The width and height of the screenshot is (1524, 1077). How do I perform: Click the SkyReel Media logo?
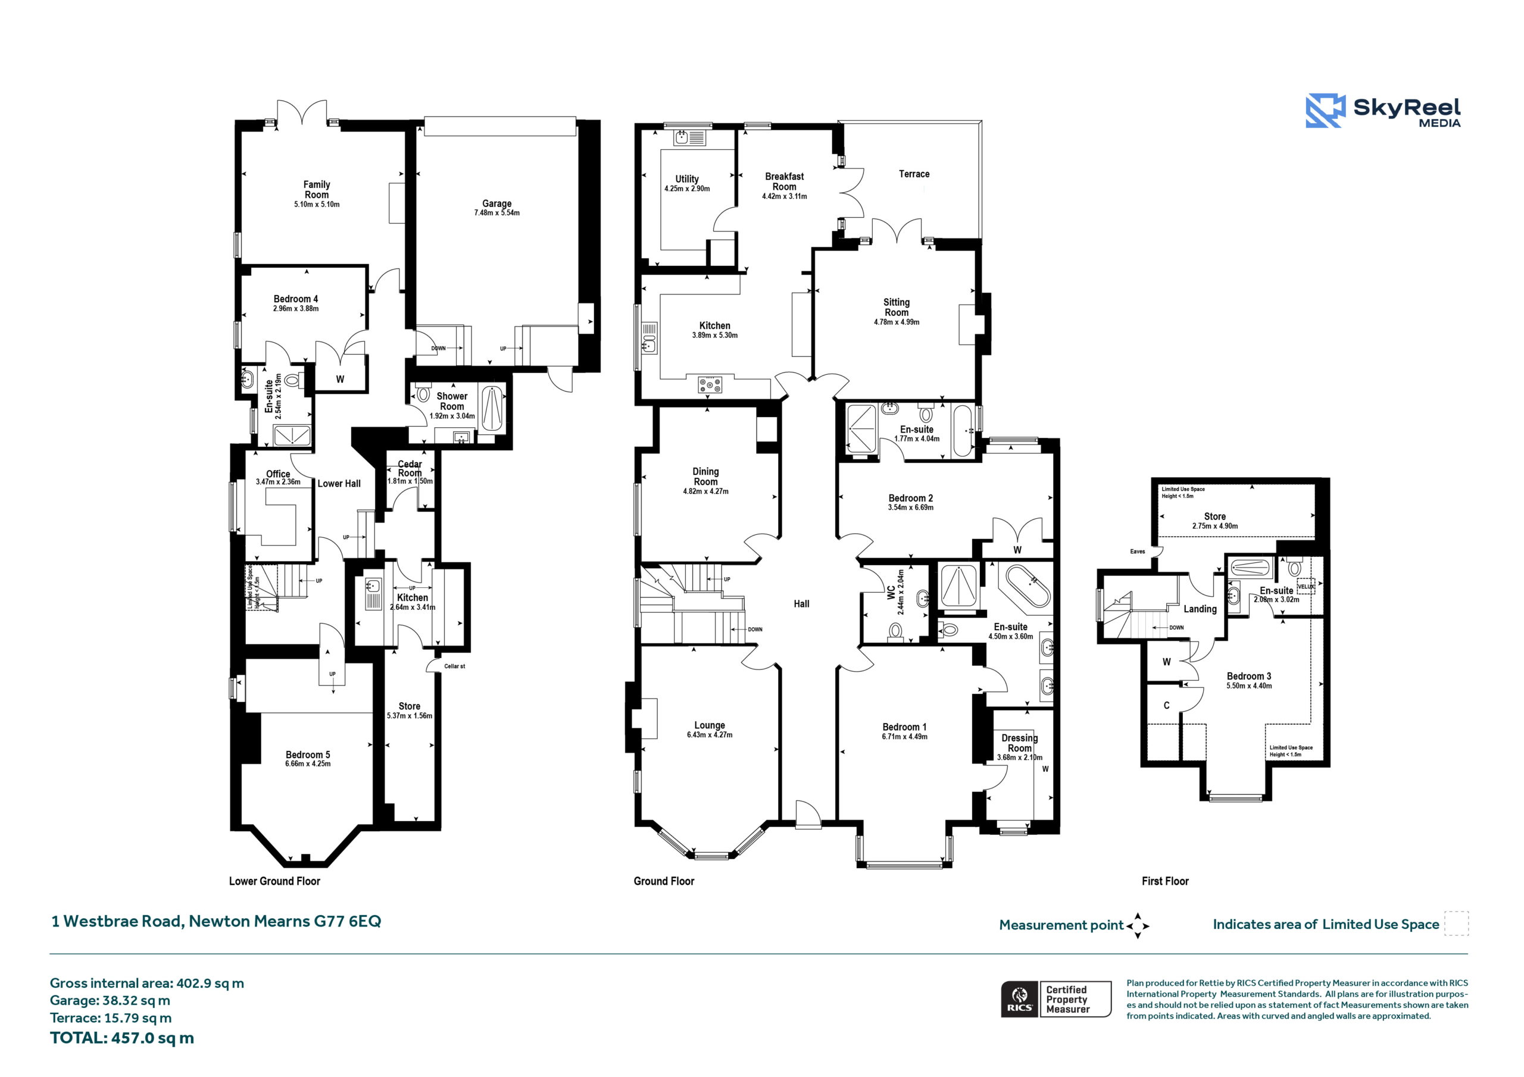click(x=1383, y=110)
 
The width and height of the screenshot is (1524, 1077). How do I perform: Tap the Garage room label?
click(x=496, y=203)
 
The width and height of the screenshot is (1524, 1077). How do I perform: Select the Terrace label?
click(x=914, y=174)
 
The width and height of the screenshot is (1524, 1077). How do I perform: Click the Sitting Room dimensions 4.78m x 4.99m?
click(x=896, y=323)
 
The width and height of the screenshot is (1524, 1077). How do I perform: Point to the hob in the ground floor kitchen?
click(x=710, y=384)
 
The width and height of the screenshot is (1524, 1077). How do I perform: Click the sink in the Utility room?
click(x=689, y=137)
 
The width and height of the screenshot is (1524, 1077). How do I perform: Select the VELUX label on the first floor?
click(x=1305, y=587)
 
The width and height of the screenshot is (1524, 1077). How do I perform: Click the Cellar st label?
click(x=455, y=666)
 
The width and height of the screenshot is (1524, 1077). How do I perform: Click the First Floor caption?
click(x=1165, y=881)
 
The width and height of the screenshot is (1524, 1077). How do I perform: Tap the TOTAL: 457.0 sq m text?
click(x=122, y=1038)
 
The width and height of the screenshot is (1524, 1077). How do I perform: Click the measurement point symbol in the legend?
click(x=1137, y=926)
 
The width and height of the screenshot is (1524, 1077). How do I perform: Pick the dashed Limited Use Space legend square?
click(x=1457, y=923)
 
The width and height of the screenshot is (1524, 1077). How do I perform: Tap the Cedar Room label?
click(x=410, y=468)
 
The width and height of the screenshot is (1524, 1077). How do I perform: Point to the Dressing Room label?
click(x=1020, y=743)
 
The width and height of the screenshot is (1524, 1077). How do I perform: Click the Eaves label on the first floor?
click(x=1138, y=552)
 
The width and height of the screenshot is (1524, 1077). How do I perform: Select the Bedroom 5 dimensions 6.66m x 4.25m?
click(x=308, y=764)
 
